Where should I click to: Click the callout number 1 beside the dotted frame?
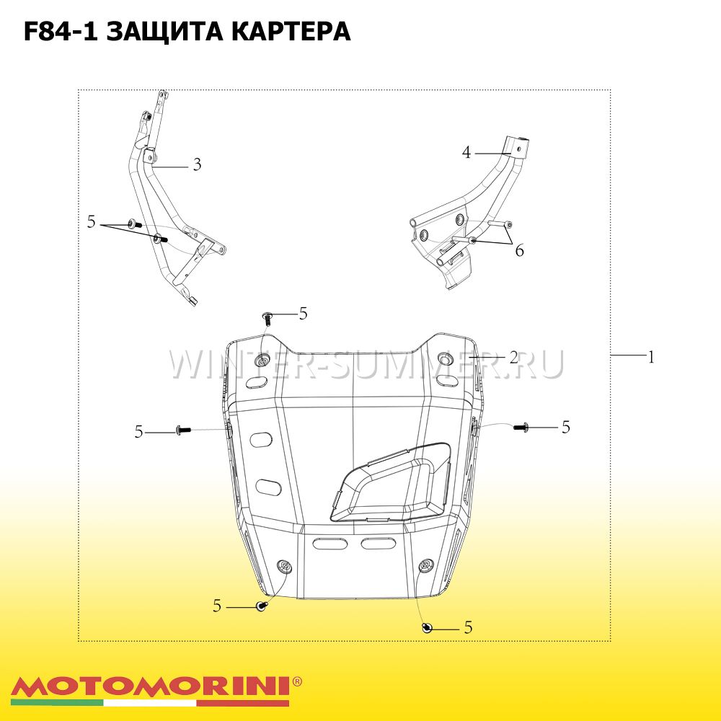coord(650,357)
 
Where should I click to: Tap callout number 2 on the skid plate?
coord(513,358)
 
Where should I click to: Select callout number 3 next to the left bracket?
coord(197,164)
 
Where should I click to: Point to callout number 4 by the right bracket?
coord(466,153)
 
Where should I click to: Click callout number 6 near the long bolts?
coord(520,251)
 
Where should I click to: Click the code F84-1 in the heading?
coord(61,31)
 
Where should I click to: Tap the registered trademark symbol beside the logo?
coord(297,681)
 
